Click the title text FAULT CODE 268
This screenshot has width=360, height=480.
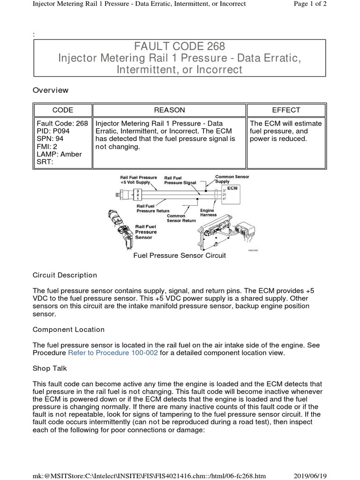[180, 46]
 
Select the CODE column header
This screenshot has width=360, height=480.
[62, 110]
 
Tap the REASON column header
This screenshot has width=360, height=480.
[170, 110]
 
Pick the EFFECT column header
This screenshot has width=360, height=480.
[286, 110]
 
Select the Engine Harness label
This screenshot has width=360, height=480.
[209, 213]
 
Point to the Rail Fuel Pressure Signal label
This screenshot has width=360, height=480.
[180, 180]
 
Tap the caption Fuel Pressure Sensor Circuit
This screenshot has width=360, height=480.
[180, 255]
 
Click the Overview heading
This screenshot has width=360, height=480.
[50, 90]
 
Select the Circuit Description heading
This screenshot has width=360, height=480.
[65, 275]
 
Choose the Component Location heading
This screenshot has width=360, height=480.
[68, 330]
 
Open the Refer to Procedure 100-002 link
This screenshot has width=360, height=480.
[113, 352]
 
